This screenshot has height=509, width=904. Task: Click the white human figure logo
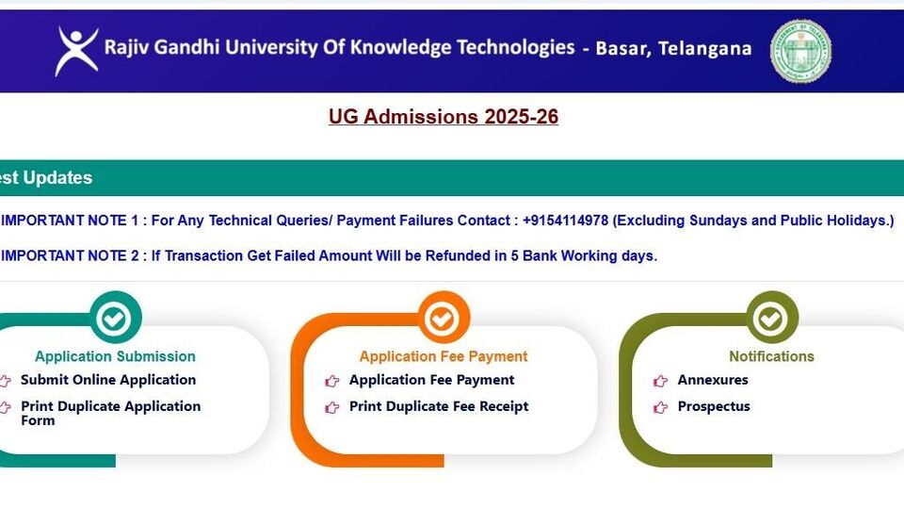coord(76,51)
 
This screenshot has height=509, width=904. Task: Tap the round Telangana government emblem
coord(800,51)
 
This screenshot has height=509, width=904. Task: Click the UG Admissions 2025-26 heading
coord(444,117)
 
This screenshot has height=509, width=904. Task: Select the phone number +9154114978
coord(565,221)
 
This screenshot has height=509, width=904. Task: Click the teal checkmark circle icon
coord(115,318)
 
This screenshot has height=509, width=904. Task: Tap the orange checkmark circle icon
coord(444,318)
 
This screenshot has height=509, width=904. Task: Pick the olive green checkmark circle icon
coord(772,318)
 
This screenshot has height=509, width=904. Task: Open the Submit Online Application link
coord(108,380)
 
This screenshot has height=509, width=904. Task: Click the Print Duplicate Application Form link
coord(111,413)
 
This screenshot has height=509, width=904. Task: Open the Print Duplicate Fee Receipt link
coord(439,406)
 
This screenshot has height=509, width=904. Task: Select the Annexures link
coord(713,380)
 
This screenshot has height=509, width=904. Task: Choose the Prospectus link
coord(714,406)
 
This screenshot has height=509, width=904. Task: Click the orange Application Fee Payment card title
coord(444,356)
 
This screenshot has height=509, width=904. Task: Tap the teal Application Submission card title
coord(115,356)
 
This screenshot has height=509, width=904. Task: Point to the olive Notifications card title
coord(771,356)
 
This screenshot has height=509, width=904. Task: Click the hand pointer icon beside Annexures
coord(660,381)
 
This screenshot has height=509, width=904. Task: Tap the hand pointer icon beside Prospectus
coord(660,407)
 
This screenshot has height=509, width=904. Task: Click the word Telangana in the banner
coord(704,48)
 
